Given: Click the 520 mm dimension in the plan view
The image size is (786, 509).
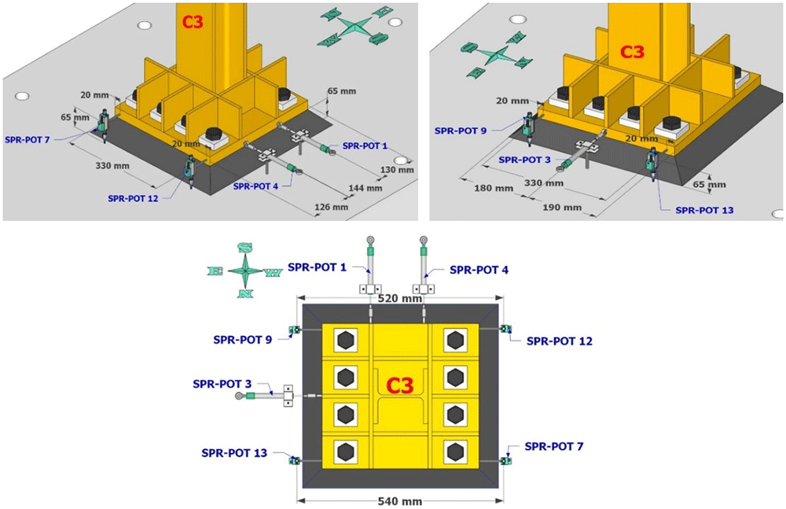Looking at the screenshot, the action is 399,299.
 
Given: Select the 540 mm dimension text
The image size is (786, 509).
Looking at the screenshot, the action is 399,501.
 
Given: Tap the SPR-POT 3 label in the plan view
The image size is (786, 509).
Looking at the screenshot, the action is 222,384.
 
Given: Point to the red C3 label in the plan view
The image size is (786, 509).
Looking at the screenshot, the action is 400,385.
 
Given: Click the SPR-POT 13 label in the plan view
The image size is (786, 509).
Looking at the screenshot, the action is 234,453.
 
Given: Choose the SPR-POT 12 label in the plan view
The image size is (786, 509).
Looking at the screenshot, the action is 560,341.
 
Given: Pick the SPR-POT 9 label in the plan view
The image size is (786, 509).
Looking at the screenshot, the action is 243,340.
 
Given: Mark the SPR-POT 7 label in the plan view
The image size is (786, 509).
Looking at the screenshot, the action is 554,446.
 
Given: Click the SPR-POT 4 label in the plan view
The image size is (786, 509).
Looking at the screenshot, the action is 479,270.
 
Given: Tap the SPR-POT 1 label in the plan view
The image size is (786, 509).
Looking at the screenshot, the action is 317,267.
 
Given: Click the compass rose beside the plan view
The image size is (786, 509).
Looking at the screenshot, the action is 244,271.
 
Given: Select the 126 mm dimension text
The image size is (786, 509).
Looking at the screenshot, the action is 331,207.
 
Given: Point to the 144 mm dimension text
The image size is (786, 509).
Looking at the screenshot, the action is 365,188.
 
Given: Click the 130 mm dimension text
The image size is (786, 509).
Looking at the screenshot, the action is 397,170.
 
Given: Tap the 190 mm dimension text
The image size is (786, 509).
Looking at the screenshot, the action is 562,208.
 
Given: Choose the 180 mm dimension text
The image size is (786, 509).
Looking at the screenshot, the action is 494,188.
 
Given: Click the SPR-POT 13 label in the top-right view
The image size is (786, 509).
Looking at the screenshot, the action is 704,210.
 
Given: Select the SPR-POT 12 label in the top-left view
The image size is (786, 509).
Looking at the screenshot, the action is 133,199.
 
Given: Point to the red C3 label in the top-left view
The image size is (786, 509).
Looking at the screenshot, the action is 193,21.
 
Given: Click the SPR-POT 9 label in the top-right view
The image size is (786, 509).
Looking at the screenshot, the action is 460,131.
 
